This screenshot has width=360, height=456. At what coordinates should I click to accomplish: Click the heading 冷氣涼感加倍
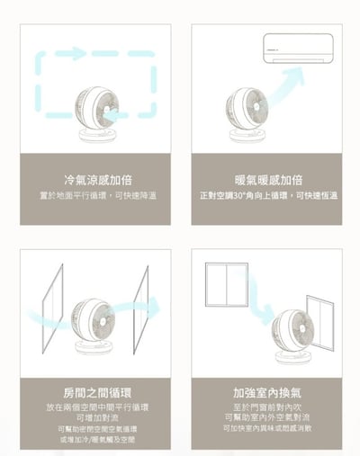tap(94, 179)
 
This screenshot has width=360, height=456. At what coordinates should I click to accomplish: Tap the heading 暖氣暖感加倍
tap(268, 179)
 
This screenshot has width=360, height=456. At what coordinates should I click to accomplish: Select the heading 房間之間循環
tap(95, 392)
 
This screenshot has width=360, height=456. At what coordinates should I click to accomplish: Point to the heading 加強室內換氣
tap(268, 392)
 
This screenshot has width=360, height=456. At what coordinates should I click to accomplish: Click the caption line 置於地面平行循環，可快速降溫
tap(95, 195)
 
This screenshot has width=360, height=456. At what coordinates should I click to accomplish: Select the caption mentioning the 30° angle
tap(268, 195)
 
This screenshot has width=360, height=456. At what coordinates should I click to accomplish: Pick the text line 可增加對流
tap(95, 418)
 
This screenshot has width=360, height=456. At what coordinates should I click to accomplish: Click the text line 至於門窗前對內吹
tap(268, 407)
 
